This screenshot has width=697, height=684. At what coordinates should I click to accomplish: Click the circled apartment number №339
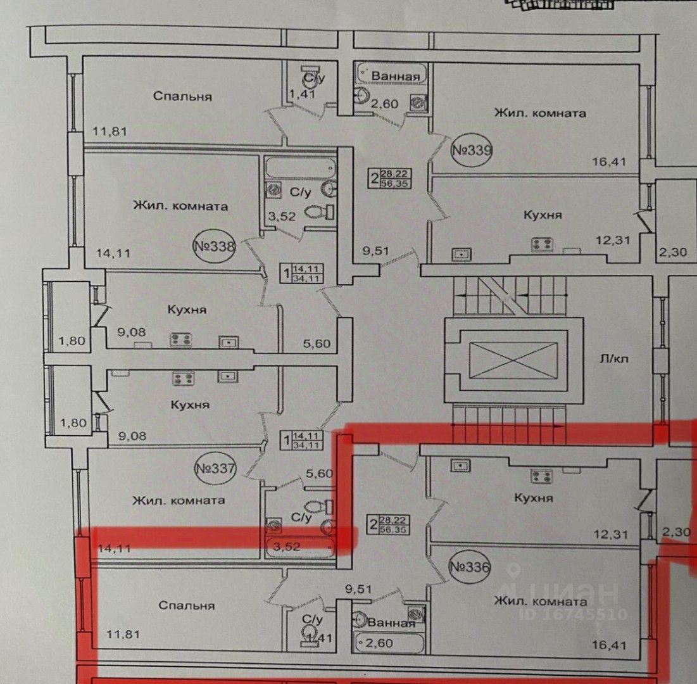[470, 151]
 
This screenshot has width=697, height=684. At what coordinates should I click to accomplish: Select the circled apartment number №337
[216, 469]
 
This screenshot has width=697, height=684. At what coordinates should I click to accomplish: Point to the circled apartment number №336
[469, 567]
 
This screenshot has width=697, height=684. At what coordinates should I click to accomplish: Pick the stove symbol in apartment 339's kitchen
[542, 243]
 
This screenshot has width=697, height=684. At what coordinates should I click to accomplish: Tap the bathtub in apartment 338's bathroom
[294, 168]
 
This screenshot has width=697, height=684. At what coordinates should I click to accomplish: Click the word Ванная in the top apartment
[396, 77]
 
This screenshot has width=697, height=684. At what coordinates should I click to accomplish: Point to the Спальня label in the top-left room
[182, 96]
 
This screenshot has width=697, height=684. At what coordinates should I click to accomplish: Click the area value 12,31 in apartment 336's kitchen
[612, 534]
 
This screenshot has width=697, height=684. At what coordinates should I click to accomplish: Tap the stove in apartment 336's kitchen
[542, 476]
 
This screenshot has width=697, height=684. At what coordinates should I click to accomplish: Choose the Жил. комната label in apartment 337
[179, 500]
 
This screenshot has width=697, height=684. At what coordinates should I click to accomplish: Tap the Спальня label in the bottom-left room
[186, 605]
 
